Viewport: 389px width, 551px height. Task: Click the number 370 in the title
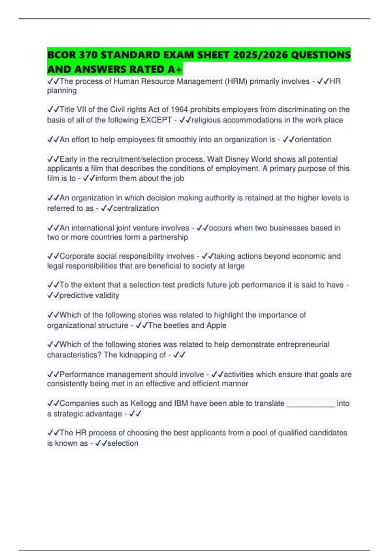click(87, 55)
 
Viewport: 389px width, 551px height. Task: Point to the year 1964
click(180, 110)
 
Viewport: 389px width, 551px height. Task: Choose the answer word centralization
click(136, 208)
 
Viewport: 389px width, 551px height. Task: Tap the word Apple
click(216, 325)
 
